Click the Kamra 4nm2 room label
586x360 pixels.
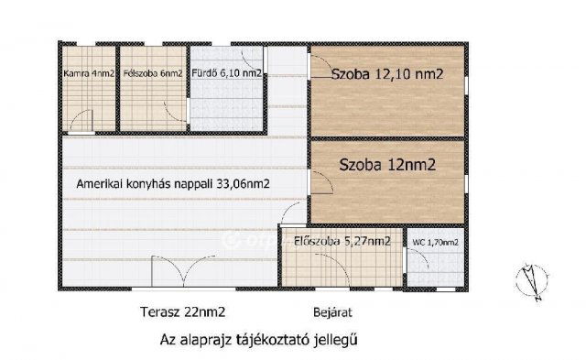coord(88,73)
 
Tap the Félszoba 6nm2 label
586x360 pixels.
coord(153,73)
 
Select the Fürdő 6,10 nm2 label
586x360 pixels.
coord(225,73)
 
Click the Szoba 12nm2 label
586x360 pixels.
coord(385,166)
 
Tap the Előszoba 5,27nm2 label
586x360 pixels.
coord(341,242)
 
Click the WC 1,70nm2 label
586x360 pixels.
coord(436,242)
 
